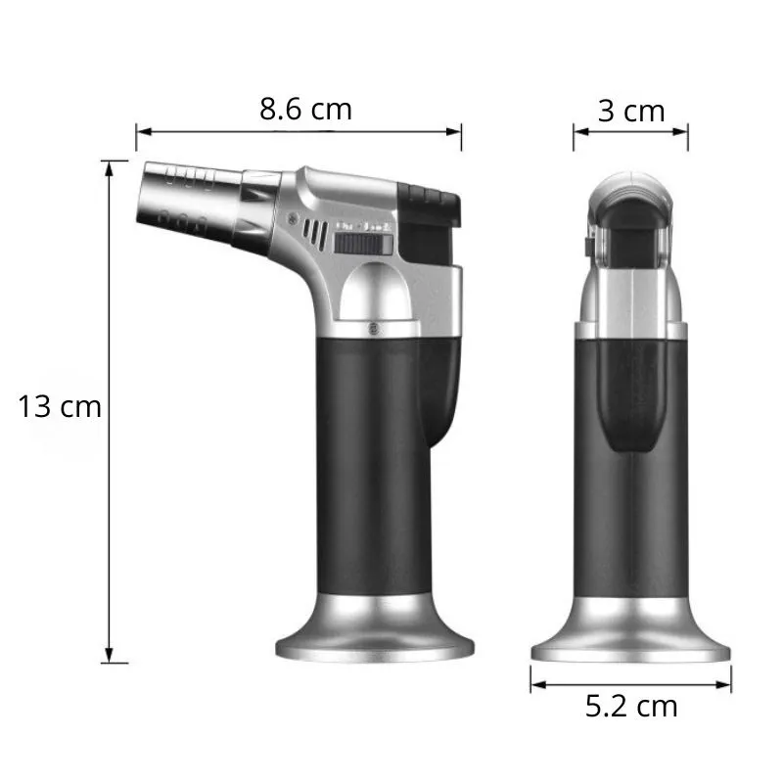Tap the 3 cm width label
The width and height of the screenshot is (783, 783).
pyautogui.click(x=631, y=111)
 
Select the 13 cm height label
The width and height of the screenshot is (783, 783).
pyautogui.click(x=60, y=405)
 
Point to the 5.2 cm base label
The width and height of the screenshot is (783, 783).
pyautogui.click(x=631, y=705)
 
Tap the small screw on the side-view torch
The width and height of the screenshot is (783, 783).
pyautogui.click(x=372, y=327)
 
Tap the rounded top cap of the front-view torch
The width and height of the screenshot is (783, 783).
pyautogui.click(x=631, y=191)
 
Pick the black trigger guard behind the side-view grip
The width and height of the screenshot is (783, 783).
pyautogui.click(x=441, y=391)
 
